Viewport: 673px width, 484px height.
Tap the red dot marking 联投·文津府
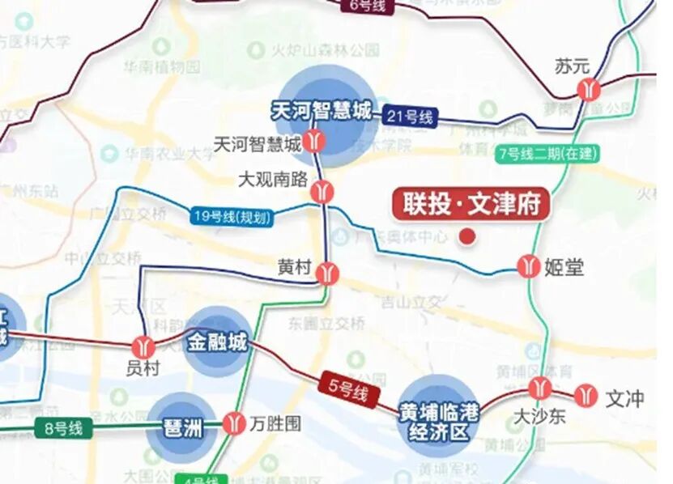(x=467, y=236)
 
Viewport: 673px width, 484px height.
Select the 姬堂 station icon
(x=529, y=265)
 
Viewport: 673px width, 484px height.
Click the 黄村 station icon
(x=328, y=272)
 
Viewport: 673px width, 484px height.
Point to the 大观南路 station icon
(x=323, y=191)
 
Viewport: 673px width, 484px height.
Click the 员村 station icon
(x=145, y=346)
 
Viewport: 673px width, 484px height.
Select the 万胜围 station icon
(x=234, y=422)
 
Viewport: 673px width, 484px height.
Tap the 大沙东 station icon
(x=539, y=389)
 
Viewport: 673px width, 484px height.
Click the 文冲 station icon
(x=584, y=396)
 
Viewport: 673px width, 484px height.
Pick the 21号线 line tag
(x=410, y=117)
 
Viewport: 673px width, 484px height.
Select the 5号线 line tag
(x=347, y=391)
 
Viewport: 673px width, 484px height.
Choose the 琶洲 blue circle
(x=181, y=427)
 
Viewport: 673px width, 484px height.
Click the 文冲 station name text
(x=624, y=398)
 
